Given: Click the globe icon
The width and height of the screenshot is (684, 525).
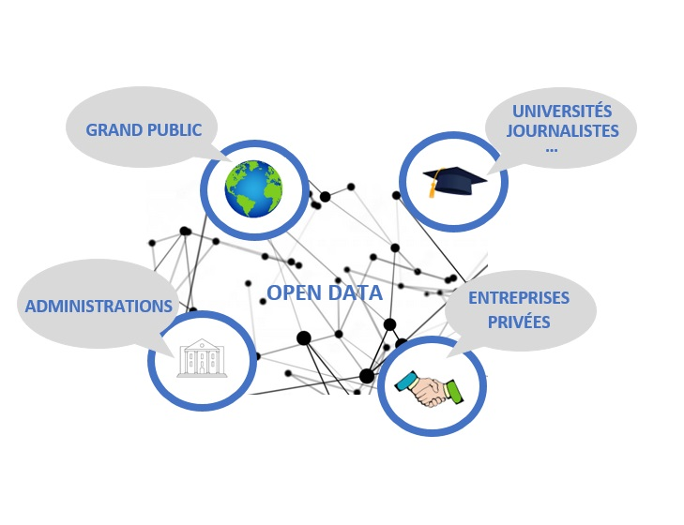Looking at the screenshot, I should coord(253,187).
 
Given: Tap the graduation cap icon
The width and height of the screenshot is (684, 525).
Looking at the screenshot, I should coord(453,179).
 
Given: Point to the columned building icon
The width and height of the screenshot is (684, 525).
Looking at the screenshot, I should coord(203,358).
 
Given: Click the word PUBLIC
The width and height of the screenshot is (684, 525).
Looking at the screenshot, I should coord(173,130).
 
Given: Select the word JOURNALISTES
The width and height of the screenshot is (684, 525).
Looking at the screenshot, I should coord(563,131).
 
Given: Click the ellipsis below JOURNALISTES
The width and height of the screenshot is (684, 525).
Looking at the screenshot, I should coord(552,148).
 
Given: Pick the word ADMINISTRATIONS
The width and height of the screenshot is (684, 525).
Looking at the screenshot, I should coord(99,307).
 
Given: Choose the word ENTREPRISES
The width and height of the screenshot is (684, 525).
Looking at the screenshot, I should coord(519,298).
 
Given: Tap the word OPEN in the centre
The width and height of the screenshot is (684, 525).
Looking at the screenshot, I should coord(296,293).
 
